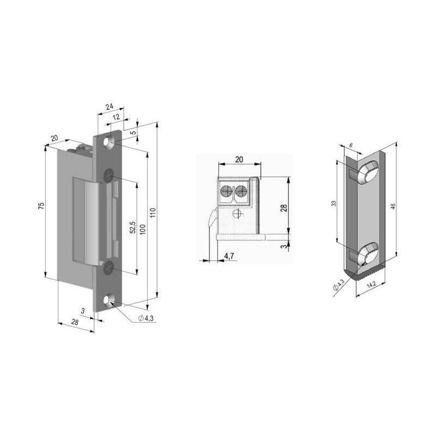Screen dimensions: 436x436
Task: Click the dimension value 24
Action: coord(109,107)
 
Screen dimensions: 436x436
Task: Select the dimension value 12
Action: coord(116,118)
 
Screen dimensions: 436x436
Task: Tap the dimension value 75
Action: coord(41,205)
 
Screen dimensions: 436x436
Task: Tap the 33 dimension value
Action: coord(334,203)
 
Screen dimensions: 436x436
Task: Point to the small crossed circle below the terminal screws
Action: coord(235,213)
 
